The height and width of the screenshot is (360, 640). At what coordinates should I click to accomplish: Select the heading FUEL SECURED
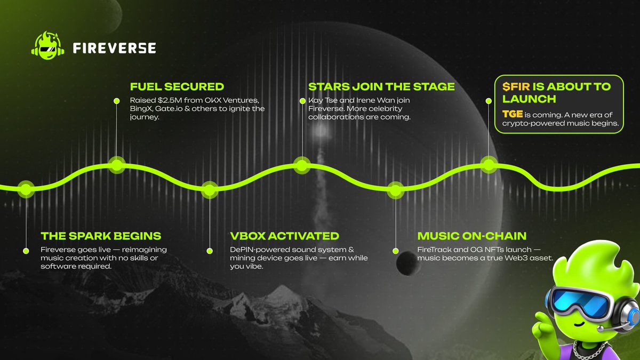177,86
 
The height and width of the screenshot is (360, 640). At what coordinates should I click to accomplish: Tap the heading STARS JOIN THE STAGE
381,86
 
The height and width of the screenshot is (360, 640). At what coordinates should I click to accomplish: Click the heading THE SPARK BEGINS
101,236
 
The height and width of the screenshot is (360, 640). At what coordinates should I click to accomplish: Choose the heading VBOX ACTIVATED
284,236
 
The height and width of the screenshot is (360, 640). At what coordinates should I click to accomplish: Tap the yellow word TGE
513,114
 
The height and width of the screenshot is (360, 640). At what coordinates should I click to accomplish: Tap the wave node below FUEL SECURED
117,164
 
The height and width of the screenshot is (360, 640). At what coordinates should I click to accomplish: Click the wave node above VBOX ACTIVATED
210,189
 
